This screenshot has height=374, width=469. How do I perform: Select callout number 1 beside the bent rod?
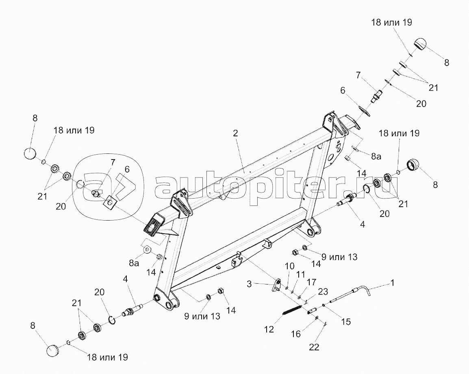point(393,282)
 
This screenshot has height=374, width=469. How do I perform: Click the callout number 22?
point(314,347)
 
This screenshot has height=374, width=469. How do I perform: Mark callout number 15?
point(345,322)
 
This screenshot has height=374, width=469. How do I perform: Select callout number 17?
point(311,282)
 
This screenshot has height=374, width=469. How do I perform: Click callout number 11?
point(300,275)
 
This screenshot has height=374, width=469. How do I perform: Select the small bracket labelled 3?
point(277,285)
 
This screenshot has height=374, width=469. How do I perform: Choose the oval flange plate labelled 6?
point(363,111)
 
